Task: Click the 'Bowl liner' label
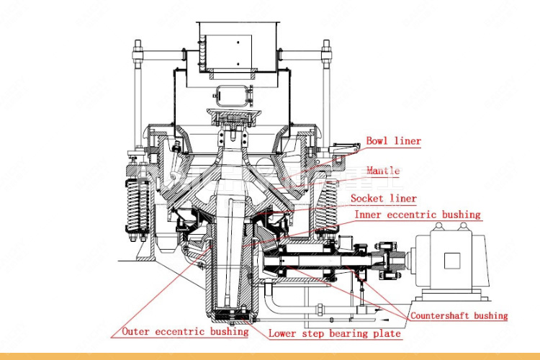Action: [393, 141]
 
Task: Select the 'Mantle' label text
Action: [382, 171]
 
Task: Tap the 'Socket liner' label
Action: [383, 199]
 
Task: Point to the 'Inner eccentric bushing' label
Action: [417, 215]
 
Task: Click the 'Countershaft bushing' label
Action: [459, 315]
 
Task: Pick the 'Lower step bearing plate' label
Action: [334, 333]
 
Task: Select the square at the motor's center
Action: [453, 260]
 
